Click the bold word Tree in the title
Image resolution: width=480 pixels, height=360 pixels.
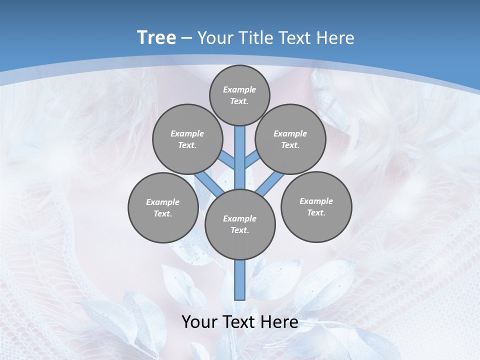(156, 38)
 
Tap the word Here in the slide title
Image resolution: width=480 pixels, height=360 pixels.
(335, 38)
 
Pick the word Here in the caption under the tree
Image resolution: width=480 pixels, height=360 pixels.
(279, 322)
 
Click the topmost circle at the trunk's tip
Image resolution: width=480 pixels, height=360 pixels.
(239, 95)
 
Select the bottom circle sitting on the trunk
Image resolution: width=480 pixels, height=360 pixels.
(240, 224)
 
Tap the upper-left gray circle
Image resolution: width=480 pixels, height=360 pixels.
(187, 139)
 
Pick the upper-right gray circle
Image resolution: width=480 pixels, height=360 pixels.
(290, 139)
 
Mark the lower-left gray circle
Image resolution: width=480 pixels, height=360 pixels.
(162, 207)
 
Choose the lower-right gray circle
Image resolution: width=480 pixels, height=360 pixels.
(316, 206)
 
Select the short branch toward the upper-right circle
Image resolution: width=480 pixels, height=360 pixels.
(251, 160)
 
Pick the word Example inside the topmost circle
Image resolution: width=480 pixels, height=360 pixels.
(239, 89)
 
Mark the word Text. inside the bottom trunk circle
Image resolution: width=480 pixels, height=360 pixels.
(239, 230)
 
